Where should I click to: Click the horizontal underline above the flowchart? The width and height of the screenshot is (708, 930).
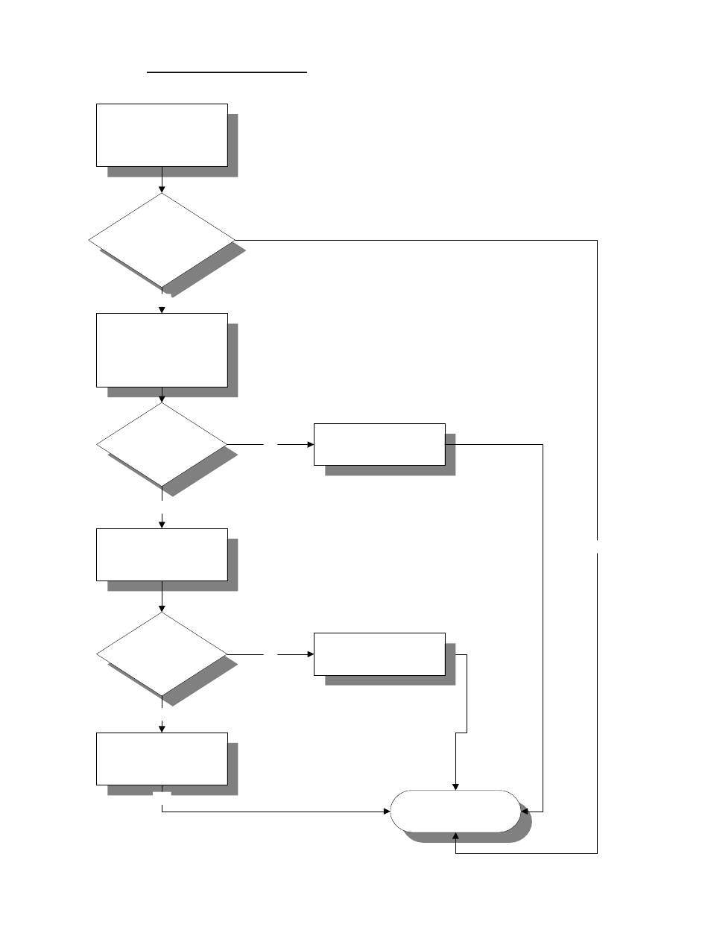click(x=227, y=73)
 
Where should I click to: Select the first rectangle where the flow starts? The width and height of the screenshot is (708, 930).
click(x=162, y=135)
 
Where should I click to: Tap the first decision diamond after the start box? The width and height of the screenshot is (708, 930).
click(x=162, y=240)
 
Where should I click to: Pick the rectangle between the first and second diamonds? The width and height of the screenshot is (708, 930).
click(x=162, y=349)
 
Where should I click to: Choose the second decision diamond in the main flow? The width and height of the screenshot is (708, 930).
click(x=162, y=445)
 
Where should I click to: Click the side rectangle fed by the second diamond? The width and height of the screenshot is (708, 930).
click(x=379, y=444)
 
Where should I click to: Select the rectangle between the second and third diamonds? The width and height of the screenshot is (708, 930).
click(x=162, y=554)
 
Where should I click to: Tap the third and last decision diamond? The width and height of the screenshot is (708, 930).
click(x=162, y=654)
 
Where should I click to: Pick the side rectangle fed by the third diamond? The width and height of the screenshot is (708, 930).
click(x=379, y=654)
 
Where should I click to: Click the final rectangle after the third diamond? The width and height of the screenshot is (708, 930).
click(x=162, y=759)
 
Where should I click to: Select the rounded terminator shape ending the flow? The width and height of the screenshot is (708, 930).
click(x=455, y=810)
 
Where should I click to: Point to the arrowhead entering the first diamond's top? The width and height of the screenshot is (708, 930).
click(x=162, y=189)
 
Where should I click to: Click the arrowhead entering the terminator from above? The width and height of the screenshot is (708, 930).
click(x=455, y=786)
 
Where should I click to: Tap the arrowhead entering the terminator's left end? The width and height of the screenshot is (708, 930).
click(x=387, y=811)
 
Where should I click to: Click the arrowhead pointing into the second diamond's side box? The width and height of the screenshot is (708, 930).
click(x=309, y=445)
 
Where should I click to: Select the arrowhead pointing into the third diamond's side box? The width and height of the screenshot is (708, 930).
click(x=309, y=654)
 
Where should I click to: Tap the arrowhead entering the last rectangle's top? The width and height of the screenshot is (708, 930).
click(x=162, y=728)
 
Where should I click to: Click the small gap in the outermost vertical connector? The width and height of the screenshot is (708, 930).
click(x=597, y=546)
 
